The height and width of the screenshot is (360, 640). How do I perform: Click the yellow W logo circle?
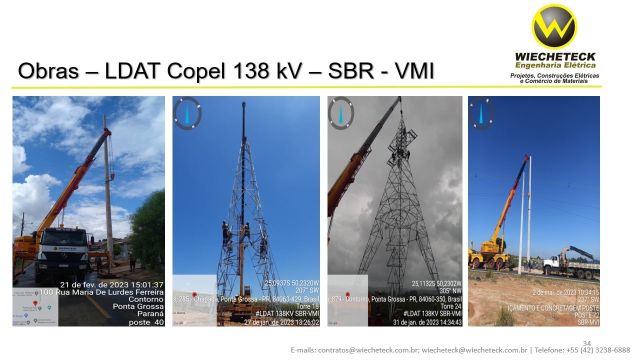tap(554, 26)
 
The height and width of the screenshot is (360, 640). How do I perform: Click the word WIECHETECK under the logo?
tap(555, 57)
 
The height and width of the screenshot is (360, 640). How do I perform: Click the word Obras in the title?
tap(48, 71)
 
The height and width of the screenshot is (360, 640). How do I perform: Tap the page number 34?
tap(587, 343)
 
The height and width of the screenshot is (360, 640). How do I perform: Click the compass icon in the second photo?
tap(187, 113)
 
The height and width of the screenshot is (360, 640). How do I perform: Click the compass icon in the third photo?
tap(341, 113)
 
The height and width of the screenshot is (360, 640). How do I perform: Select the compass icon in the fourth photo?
tap(481, 113)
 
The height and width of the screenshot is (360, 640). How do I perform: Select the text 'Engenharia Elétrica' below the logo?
tap(555, 65)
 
